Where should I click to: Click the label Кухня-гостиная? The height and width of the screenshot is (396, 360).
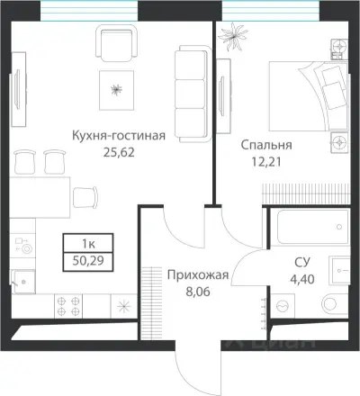click(x=119, y=137)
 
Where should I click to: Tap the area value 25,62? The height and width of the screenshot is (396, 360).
click(x=119, y=154)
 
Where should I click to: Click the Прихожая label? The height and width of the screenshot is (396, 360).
click(x=199, y=275)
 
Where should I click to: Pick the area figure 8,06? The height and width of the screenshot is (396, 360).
click(x=199, y=292)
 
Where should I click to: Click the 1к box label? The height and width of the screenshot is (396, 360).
click(x=85, y=244)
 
